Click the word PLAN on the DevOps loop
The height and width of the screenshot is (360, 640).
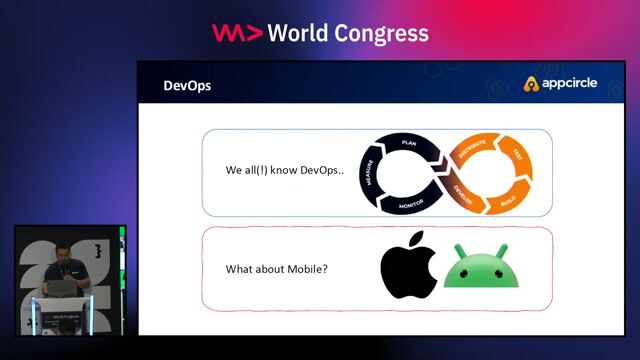pyautogui.click(x=408, y=143)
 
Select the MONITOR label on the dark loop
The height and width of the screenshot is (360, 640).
pyautogui.click(x=410, y=203)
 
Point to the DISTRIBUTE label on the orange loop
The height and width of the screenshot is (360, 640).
pyautogui.click(x=471, y=151)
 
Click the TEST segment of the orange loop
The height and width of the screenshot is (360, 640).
pyautogui.click(x=517, y=156)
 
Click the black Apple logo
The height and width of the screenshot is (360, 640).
pyautogui.click(x=408, y=270)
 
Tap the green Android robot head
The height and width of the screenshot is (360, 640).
pyautogui.click(x=485, y=272)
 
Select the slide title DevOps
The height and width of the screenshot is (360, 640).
pyautogui.click(x=187, y=86)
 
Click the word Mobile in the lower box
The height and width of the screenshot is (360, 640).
pyautogui.click(x=309, y=269)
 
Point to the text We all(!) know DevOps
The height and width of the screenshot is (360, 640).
pyautogui.click(x=284, y=170)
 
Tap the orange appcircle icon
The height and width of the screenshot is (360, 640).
pyautogui.click(x=532, y=84)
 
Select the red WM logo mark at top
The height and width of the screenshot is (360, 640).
pyautogui.click(x=237, y=33)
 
